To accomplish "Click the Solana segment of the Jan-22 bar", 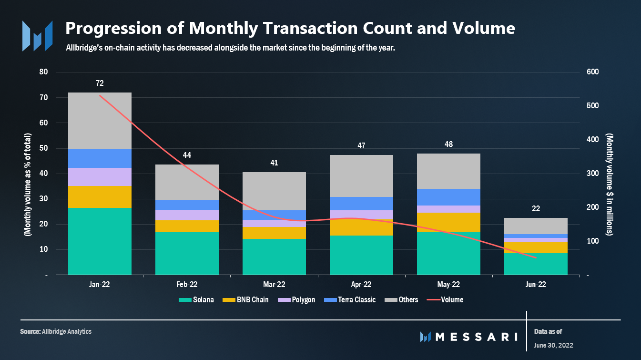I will coord(100,241).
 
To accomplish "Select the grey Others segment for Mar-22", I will coord(274,191).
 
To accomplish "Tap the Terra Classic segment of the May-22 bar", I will coord(448,197).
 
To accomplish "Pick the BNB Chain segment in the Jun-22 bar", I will coord(536,247).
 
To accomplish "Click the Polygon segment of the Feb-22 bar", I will coord(187,215).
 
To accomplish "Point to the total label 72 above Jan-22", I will coord(100,83).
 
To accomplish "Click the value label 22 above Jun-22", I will coord(536,209).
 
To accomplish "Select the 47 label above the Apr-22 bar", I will coord(361,145).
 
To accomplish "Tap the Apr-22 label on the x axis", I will coord(361,285).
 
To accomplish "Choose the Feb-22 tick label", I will coord(187,285).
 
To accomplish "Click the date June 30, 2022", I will coord(553,345).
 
